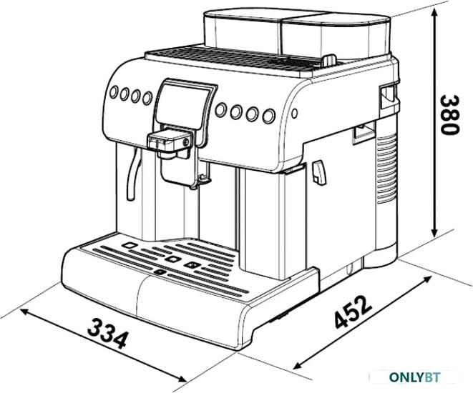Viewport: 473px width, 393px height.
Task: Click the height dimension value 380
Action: tap(449, 115)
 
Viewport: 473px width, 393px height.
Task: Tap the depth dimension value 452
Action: tap(353, 312)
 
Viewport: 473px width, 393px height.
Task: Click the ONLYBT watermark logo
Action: tap(414, 377)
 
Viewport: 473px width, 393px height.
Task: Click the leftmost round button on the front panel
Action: tap(114, 92)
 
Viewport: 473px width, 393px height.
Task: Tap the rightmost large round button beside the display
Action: tap(269, 116)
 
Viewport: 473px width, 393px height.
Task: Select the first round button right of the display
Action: tap(221, 110)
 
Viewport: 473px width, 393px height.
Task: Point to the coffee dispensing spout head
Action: tap(169, 141)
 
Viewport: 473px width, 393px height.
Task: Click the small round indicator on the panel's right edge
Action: tap(295, 113)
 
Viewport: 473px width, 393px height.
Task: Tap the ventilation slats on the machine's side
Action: tap(386, 169)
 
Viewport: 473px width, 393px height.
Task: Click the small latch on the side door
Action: tap(318, 172)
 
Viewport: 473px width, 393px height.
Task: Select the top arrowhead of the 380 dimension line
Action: tap(434, 12)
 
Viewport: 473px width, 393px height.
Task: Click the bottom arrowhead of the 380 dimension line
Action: tap(434, 232)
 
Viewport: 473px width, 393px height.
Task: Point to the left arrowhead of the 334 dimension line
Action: tap(25, 312)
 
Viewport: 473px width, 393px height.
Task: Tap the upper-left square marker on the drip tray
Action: tap(130, 245)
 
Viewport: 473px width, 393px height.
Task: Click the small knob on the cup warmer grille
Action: tap(329, 60)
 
